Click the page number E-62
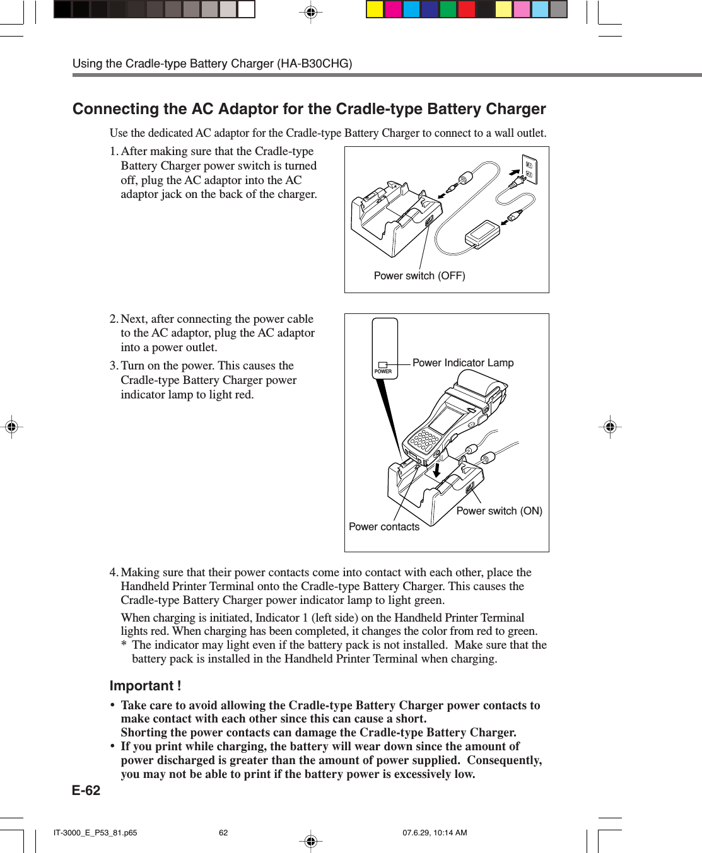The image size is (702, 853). coord(86,791)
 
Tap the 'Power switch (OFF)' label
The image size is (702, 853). coord(419,276)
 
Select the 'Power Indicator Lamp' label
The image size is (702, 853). coord(463,363)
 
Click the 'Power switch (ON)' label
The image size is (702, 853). coord(499,511)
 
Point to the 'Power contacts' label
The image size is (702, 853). coord(384,527)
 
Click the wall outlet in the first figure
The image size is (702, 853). coord(529,169)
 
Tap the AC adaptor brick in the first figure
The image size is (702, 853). coord(483,233)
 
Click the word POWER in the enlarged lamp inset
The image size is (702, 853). coord(383,372)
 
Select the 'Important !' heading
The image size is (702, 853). coord(145,686)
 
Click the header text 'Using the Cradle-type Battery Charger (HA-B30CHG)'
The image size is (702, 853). coord(212,64)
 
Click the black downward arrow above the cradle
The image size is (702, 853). coord(436,470)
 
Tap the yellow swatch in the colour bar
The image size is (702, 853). coord(375,9)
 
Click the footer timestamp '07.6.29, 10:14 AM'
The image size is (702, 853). coord(435,833)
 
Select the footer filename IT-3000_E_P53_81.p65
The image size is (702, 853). coord(95,833)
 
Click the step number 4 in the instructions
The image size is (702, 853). coord(114,572)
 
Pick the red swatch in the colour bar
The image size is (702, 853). coord(467,9)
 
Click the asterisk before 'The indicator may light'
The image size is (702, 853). coord(124,645)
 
